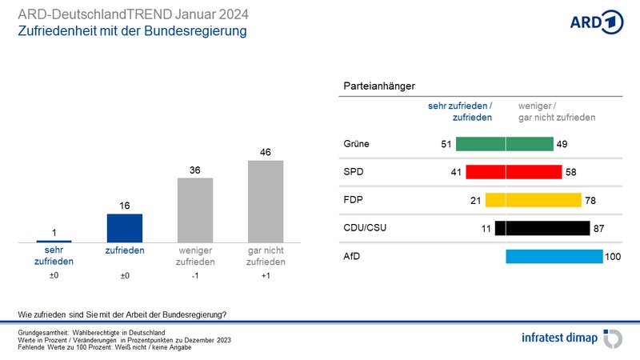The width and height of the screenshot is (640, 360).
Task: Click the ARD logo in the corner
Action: click(x=596, y=22)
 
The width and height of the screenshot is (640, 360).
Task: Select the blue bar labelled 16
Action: click(x=125, y=228)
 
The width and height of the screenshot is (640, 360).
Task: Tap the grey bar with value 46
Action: click(x=266, y=202)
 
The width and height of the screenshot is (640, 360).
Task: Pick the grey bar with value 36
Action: click(x=195, y=210)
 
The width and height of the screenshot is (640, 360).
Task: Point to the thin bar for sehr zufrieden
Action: click(x=54, y=242)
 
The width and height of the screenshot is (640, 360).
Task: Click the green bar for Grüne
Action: click(x=505, y=144)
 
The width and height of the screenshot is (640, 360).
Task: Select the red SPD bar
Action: click(x=514, y=172)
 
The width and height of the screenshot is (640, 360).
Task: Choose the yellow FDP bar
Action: click(x=533, y=200)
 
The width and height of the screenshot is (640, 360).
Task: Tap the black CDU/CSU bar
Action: click(x=542, y=228)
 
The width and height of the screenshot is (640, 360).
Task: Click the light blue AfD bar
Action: click(x=554, y=256)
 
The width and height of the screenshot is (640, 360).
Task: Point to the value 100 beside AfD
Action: click(x=613, y=257)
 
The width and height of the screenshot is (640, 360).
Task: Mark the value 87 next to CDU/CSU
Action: click(x=598, y=229)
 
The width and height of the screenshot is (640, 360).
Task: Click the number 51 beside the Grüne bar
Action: click(x=446, y=144)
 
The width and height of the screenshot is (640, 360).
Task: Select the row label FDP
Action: click(x=353, y=199)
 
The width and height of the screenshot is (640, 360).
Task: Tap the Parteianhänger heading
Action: click(x=379, y=86)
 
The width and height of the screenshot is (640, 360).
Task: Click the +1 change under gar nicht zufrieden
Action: click(x=266, y=275)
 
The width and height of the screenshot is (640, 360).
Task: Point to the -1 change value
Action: click(x=195, y=275)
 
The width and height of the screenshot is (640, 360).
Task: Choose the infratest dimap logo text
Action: click(x=559, y=338)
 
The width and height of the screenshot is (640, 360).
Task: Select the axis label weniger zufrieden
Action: click(x=195, y=256)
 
